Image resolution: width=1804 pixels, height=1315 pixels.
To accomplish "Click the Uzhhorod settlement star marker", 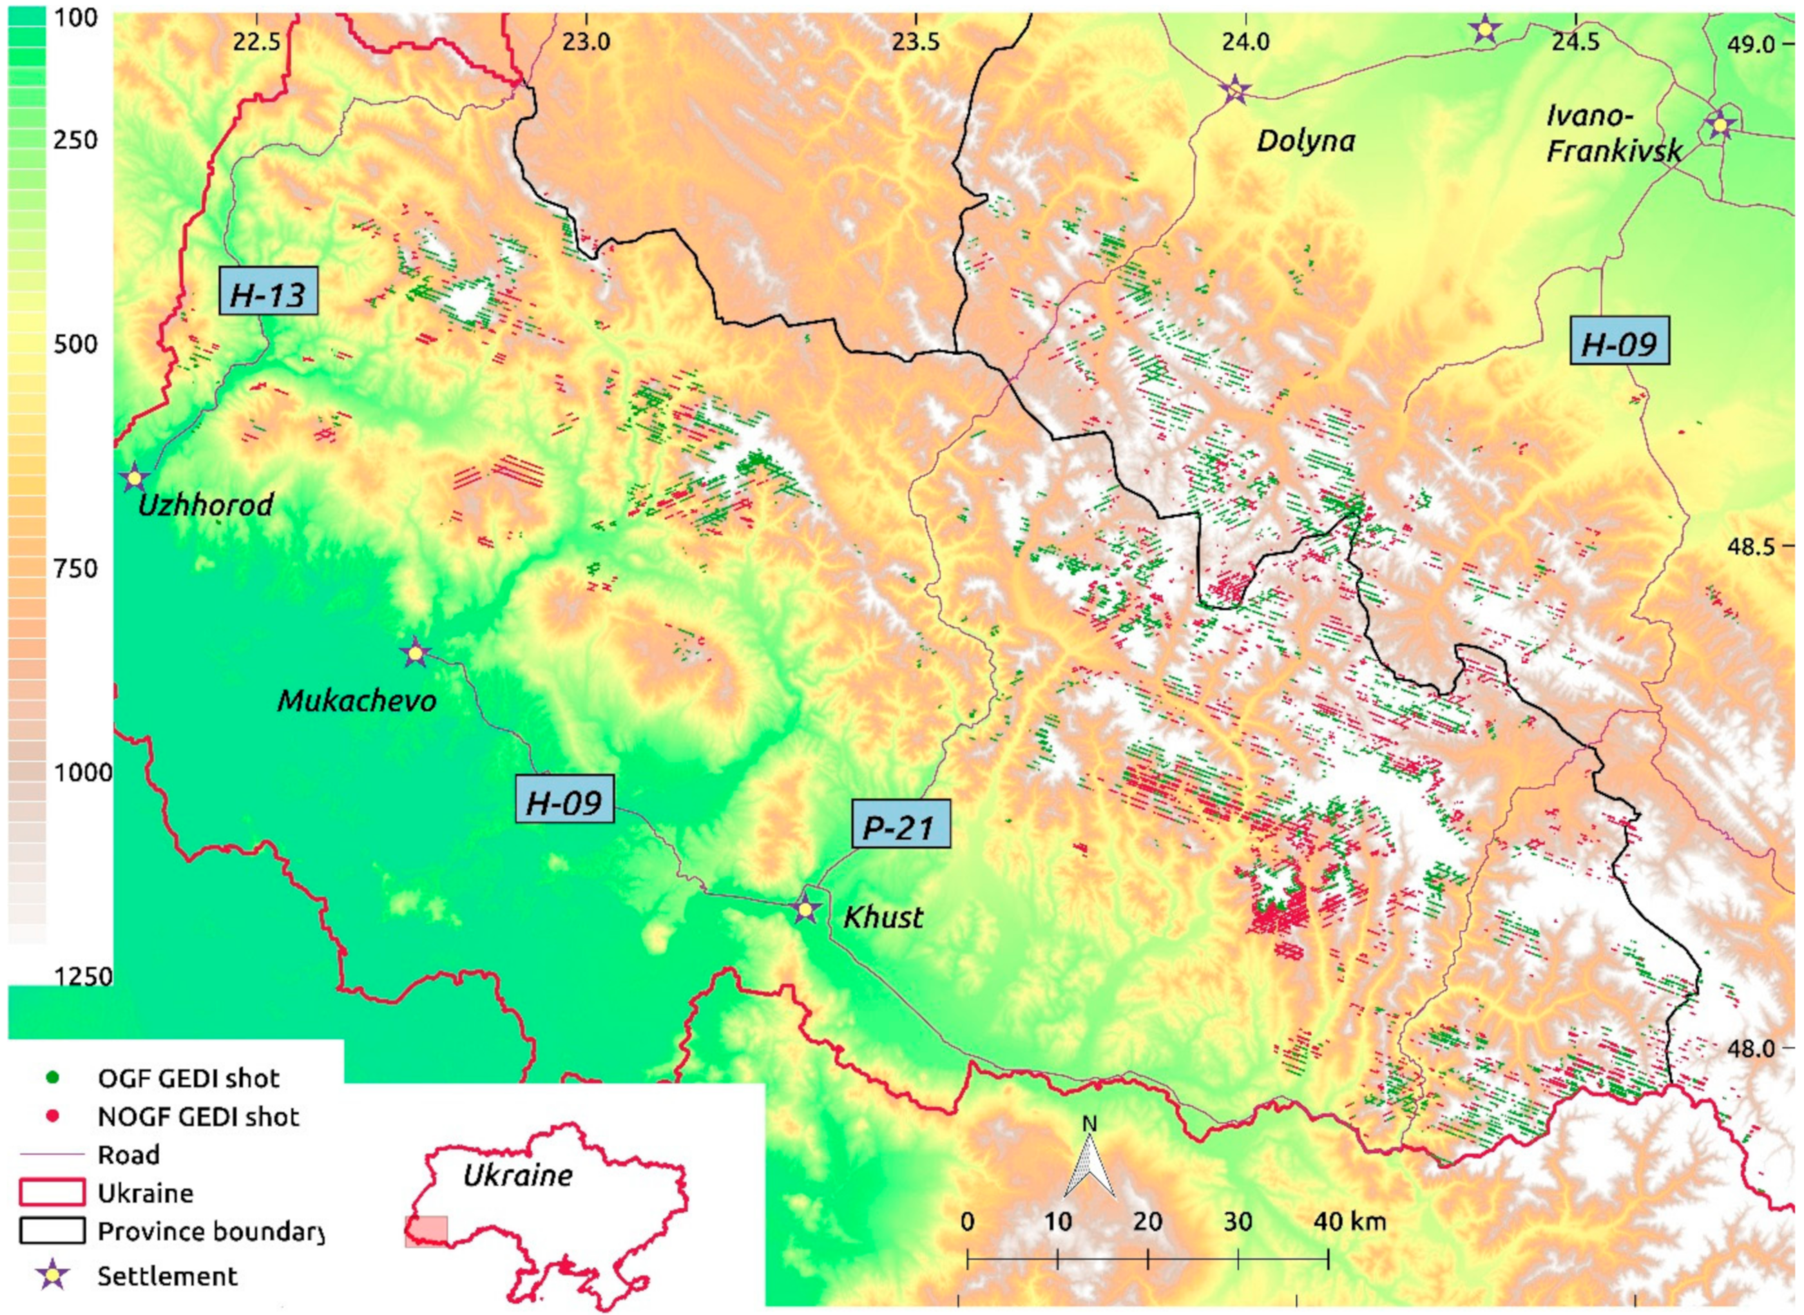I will coord(135,477).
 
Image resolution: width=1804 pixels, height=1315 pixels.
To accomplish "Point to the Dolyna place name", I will coord(1305,142).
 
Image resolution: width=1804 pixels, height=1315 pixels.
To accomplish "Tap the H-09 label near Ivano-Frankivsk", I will coord(1618,345).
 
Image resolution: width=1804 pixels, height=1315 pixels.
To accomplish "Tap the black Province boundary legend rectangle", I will coord(52,1231).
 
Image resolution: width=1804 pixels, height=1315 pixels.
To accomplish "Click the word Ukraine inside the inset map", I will coord(517,1175).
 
